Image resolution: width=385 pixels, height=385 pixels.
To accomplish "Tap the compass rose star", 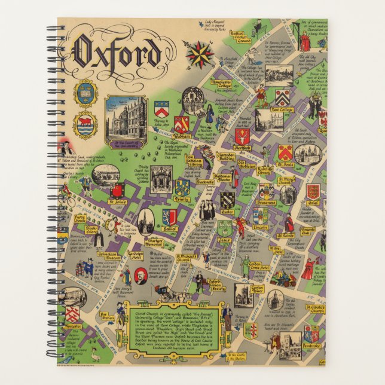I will click(199, 54).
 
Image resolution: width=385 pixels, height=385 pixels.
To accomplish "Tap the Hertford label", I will click(242, 148).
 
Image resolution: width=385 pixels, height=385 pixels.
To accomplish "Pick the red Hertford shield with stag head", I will click(242, 135).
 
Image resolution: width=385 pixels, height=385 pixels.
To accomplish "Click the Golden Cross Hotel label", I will click(255, 266).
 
